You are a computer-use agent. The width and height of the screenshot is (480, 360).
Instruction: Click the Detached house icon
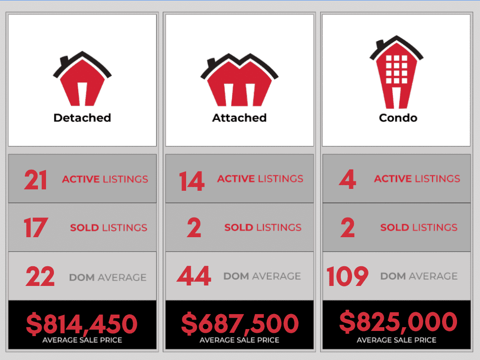coord(82,82)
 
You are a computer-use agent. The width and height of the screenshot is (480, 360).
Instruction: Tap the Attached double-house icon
coord(239,82)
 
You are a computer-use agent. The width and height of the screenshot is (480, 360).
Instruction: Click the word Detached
coord(82,118)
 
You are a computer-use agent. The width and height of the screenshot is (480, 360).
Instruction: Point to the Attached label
coord(239,118)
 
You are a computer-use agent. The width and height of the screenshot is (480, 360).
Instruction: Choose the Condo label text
coord(397,118)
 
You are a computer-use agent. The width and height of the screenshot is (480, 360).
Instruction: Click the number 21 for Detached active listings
coord(36,180)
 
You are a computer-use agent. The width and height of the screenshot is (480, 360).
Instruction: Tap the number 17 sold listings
coord(35,228)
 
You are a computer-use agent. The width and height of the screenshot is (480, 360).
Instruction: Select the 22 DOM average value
coord(40,277)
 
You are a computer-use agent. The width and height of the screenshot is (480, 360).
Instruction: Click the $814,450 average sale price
coord(82,323)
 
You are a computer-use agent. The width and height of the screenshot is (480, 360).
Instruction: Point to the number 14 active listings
coord(192,181)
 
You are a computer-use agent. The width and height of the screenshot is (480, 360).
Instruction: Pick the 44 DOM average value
coord(194,276)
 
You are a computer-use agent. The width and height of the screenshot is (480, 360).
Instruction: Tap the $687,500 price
coord(240,323)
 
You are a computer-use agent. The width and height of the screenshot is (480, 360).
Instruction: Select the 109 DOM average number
coord(347,276)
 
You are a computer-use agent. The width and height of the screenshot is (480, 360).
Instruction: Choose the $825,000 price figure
coord(397,322)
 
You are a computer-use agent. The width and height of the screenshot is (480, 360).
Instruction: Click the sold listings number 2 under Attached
coord(194,228)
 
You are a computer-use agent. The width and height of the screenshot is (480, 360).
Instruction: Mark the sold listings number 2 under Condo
coord(348,228)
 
